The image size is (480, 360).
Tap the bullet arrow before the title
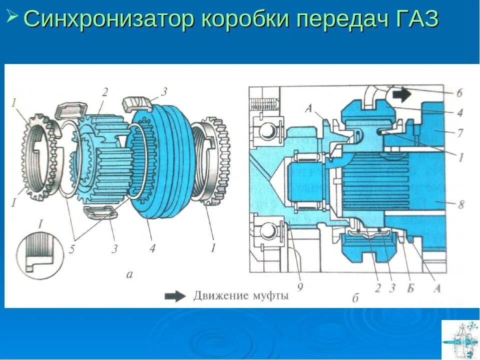[x=12, y=16]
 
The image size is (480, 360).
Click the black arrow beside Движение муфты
[x=176, y=296]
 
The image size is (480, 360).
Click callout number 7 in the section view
[x=459, y=134]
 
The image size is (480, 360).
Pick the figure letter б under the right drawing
[x=355, y=299]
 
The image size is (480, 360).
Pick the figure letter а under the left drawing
[x=129, y=273]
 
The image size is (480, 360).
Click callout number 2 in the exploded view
[x=105, y=92]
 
